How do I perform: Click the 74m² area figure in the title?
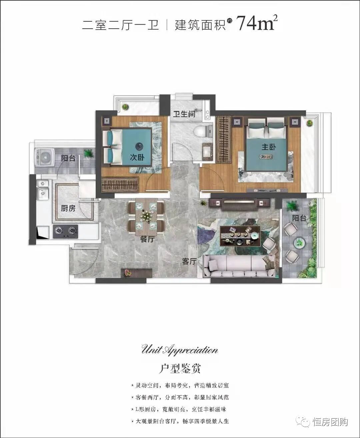click(256, 23)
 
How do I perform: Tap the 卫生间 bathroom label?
click(184, 114)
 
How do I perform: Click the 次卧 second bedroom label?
click(137, 157)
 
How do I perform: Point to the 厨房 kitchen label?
click(68, 208)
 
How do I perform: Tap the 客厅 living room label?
click(189, 261)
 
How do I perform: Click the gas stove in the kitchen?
click(65, 231)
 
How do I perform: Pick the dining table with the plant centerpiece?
click(146, 216)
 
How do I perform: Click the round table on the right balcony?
click(298, 242)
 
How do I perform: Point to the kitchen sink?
click(42, 190)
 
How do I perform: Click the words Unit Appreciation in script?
click(180, 350)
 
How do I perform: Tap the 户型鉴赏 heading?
click(180, 369)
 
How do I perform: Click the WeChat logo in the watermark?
click(305, 422)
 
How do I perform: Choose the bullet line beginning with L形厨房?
click(180, 409)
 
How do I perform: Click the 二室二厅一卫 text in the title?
click(121, 25)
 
